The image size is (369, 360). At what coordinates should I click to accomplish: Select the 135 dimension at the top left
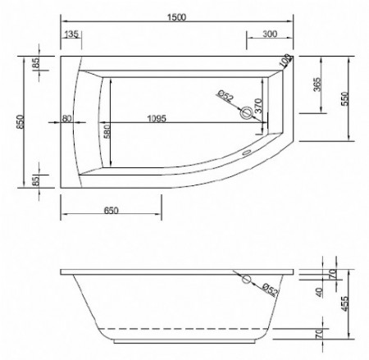coord(71,34)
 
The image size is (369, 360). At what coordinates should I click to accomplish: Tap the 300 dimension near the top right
coord(266,34)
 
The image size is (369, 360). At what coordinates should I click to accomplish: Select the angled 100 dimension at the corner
coord(285,61)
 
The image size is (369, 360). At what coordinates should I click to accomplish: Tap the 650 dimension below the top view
coord(112,211)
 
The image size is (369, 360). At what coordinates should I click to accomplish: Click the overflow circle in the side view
coord(247,280)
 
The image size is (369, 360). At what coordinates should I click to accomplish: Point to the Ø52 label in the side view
coord(268,289)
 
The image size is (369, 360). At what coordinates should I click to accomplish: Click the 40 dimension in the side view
coord(318,291)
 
